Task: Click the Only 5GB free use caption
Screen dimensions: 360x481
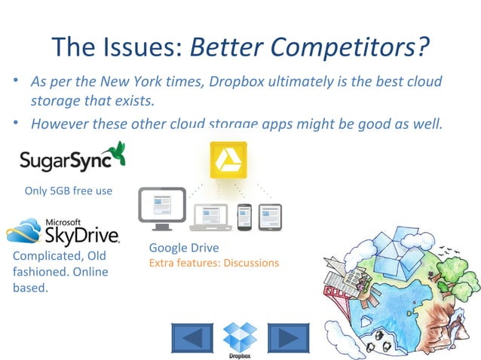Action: pyautogui.click(x=69, y=191)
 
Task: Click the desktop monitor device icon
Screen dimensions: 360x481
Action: pyautogui.click(x=161, y=208)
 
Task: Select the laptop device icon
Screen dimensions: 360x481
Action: pyautogui.click(x=211, y=217)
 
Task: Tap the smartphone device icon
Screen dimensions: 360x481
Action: pyautogui.click(x=245, y=216)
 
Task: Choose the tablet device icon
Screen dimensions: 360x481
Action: pyautogui.click(x=270, y=216)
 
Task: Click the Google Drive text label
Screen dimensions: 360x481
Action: pyautogui.click(x=184, y=248)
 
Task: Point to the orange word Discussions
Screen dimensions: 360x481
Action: pyautogui.click(x=251, y=263)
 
